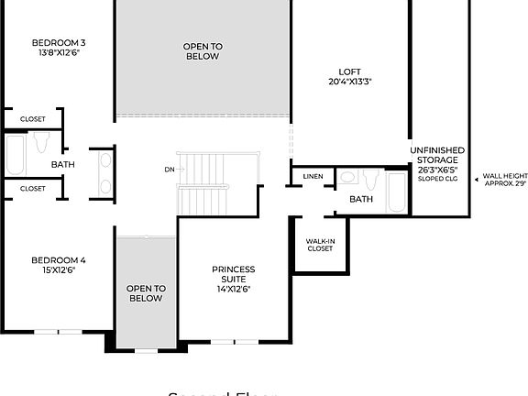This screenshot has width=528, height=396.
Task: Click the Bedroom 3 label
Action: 59,42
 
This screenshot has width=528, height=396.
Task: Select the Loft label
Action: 349,71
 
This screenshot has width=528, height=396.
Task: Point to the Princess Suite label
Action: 233,275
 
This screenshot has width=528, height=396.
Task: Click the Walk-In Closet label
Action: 320,244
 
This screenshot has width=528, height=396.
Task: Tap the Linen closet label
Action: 313,176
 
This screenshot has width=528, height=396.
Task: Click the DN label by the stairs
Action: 169,170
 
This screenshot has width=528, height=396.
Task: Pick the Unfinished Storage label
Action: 437,156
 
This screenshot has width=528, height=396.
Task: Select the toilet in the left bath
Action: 40,143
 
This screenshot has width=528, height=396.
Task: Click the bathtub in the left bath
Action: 16,156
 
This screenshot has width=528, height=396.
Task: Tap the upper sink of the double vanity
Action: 104,159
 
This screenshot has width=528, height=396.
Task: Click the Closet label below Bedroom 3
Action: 33,118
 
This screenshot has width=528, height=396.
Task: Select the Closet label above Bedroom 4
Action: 33,188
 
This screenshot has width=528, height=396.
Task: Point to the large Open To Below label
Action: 202,51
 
